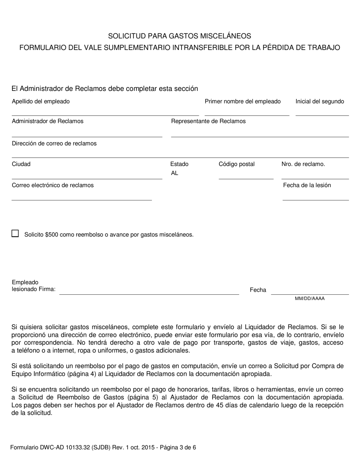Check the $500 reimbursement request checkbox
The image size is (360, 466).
point(15,233)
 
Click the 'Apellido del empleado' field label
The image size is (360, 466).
point(41,101)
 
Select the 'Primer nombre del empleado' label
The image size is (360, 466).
point(243,101)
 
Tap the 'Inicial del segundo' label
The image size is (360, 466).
point(320,101)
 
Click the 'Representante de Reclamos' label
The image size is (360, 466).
point(208,121)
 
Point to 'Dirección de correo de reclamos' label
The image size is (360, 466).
point(54,144)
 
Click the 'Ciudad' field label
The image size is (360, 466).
point(21,164)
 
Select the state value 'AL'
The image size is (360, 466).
point(175,173)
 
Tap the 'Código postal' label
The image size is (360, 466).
point(237,164)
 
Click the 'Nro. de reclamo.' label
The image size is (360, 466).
point(303,164)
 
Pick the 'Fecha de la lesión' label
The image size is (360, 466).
point(307,185)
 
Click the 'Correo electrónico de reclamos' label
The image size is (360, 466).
point(53,185)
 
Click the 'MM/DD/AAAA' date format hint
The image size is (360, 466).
point(310,299)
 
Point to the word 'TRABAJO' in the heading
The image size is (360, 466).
point(324,47)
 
